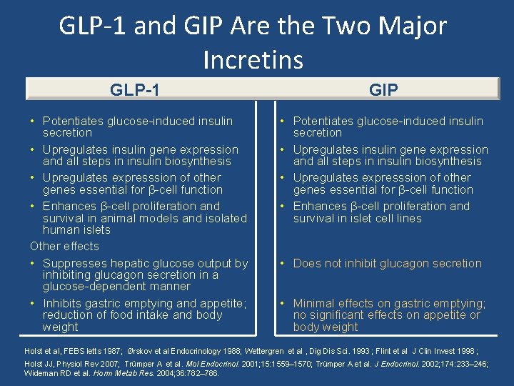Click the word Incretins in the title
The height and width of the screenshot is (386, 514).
[x=253, y=59]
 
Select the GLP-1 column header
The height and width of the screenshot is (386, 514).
[x=135, y=89]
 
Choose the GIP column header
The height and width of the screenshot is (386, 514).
[x=383, y=89]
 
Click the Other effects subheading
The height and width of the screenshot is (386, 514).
[x=64, y=246]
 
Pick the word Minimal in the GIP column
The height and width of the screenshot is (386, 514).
[x=316, y=303]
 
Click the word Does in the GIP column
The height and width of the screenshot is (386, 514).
[x=307, y=263]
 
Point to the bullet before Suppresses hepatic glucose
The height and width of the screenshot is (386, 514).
[x=34, y=263]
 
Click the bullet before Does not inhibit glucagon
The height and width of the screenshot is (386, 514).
[x=283, y=263]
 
